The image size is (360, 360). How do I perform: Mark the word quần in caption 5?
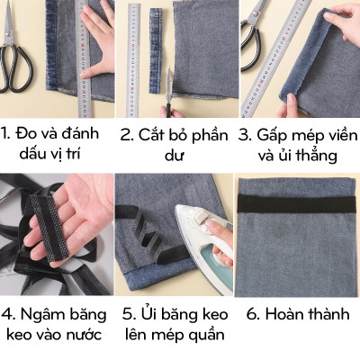(207, 336)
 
